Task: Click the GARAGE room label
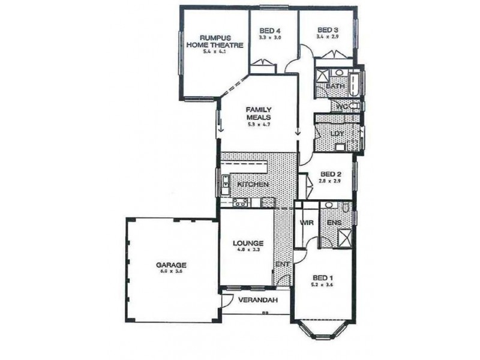point(172,264)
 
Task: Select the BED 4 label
point(270,31)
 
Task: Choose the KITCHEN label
point(252,184)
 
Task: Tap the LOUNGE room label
point(248,243)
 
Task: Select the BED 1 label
point(323,278)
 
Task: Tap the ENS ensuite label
point(334,223)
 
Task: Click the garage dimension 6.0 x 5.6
point(172,271)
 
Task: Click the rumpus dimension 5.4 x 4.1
point(214,51)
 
